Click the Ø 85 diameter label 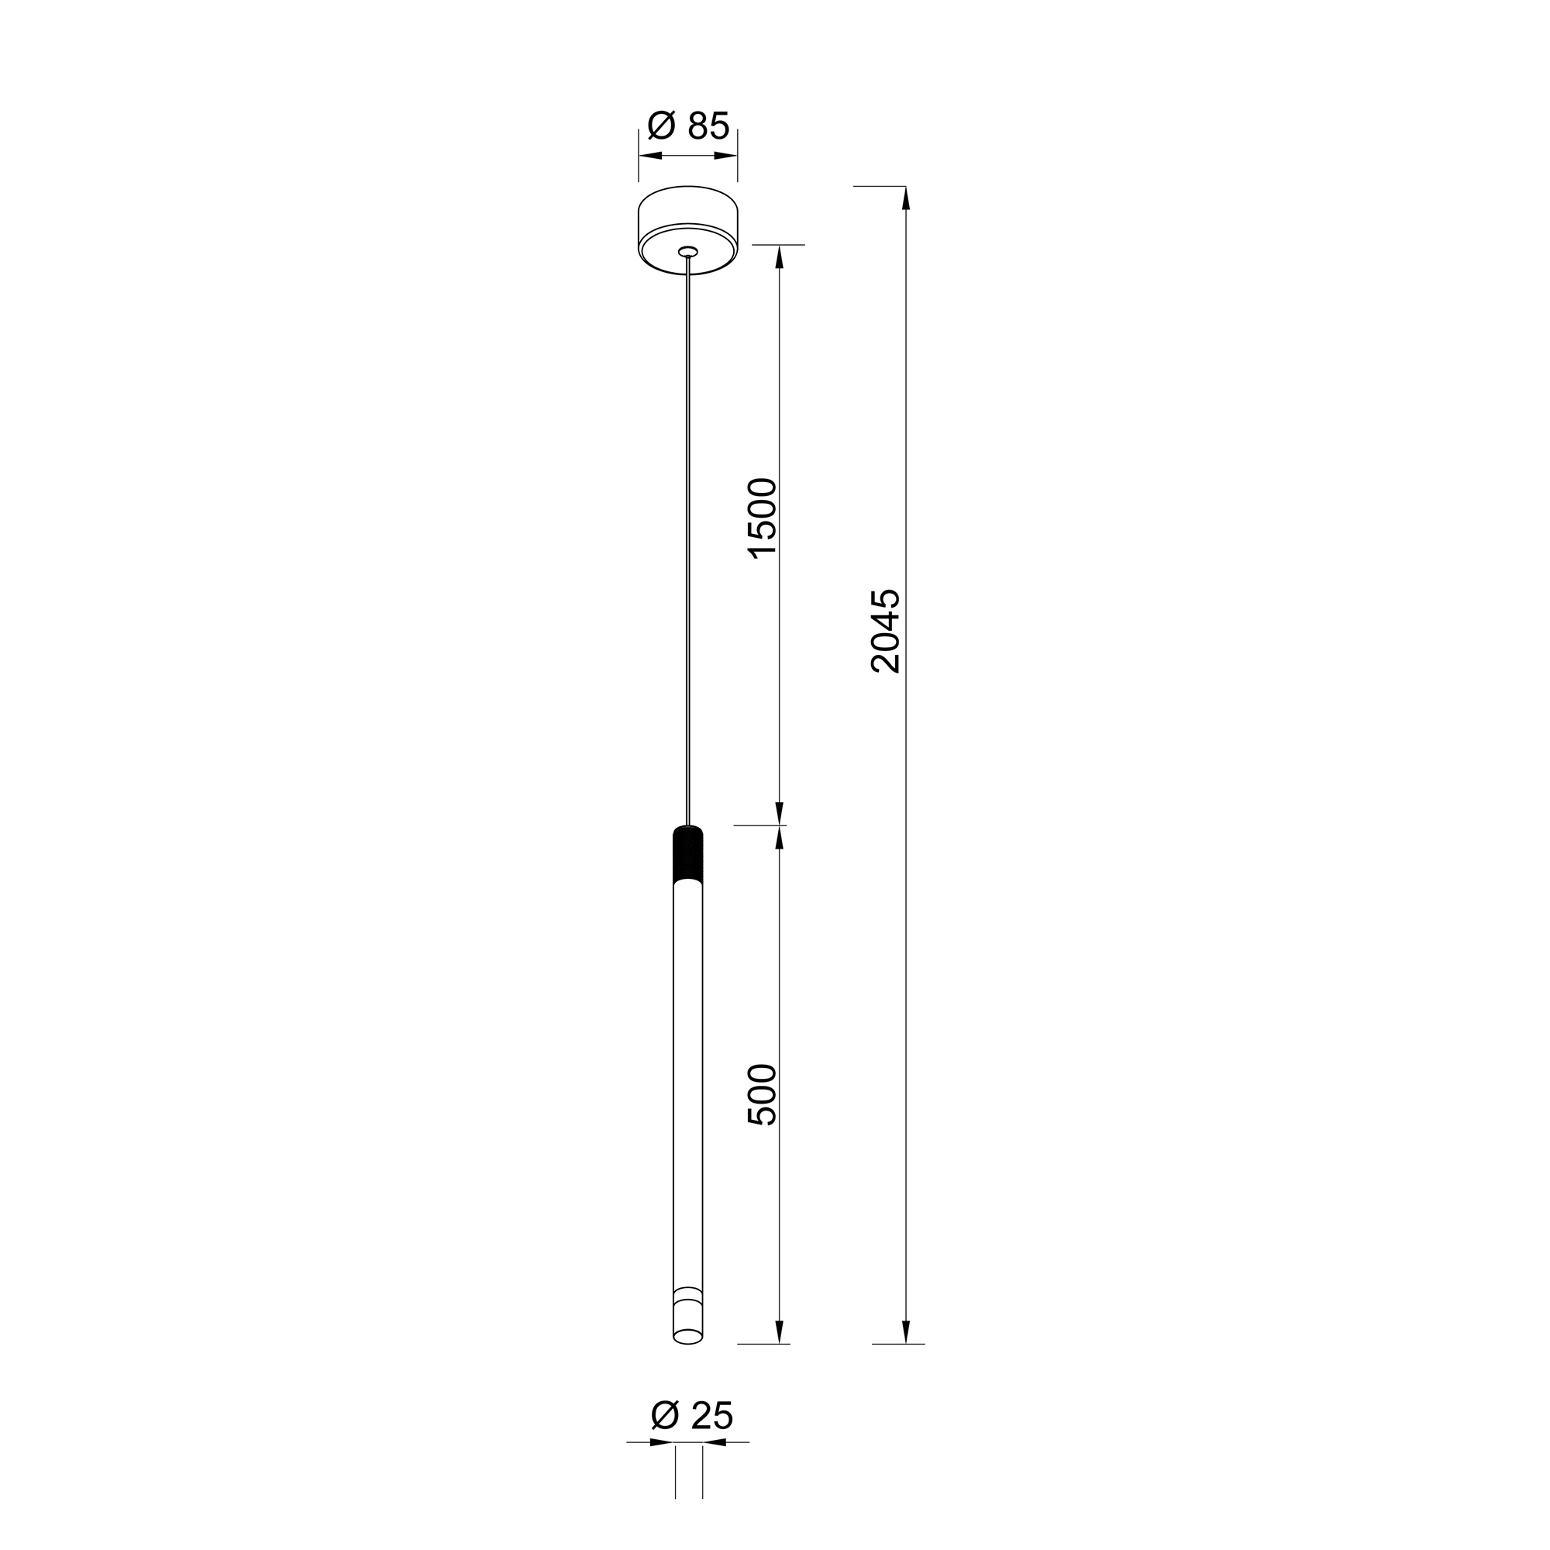tap(688, 126)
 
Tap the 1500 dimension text tap(762, 518)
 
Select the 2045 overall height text tap(886, 631)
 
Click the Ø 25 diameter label tap(691, 1416)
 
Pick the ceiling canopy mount tap(688, 230)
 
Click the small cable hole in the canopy tap(688, 252)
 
